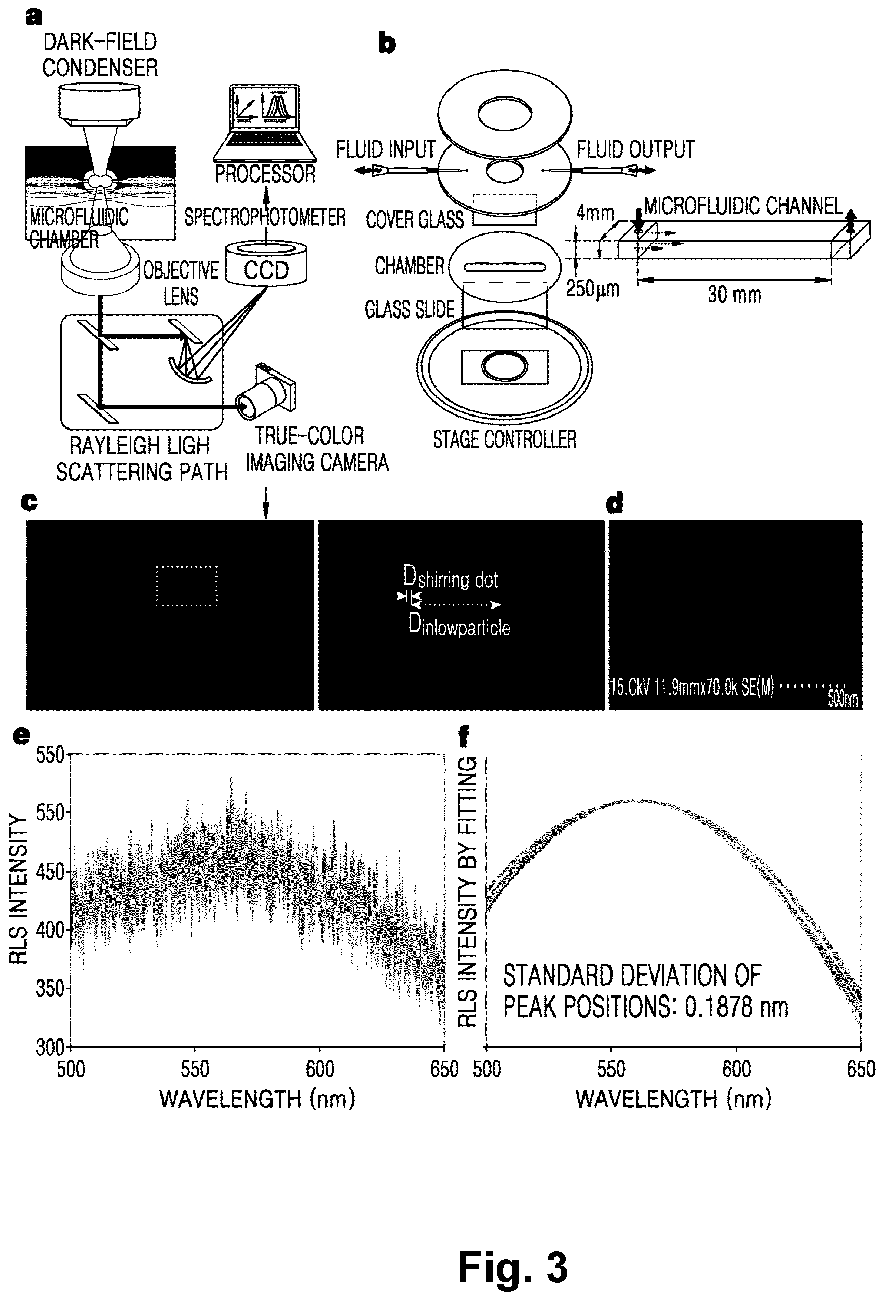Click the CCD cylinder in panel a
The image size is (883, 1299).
click(x=266, y=265)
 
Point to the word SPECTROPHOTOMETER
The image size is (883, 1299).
click(x=265, y=217)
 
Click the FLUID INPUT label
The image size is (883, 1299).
click(x=386, y=149)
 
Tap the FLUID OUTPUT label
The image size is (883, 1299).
click(x=635, y=149)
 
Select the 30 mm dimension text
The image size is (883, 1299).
click(x=734, y=295)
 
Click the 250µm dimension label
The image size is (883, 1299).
click(x=593, y=288)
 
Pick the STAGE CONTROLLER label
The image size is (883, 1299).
click(x=505, y=439)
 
